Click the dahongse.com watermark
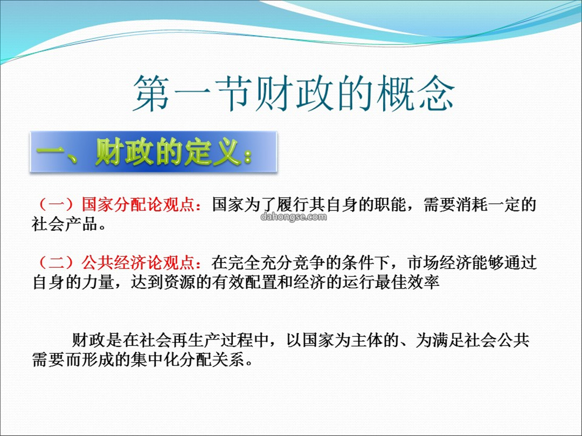coord(294,216)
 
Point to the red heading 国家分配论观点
coord(138,205)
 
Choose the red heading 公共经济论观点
coord(138,263)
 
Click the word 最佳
coord(391,282)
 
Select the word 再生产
coord(195,340)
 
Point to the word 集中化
coord(155,359)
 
